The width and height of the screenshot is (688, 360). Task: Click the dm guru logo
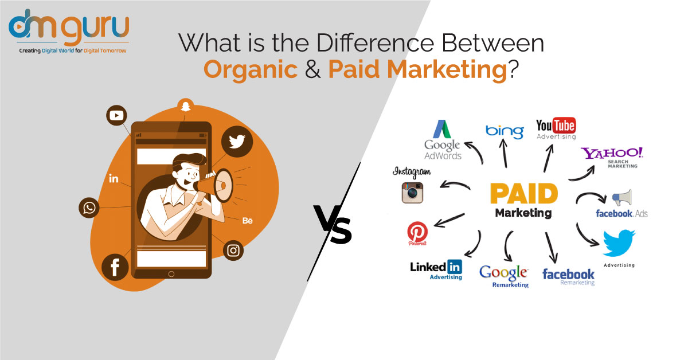tap(69, 31)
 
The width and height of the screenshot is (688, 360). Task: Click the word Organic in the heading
tap(251, 70)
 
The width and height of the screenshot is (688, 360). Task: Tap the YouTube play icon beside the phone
tap(116, 115)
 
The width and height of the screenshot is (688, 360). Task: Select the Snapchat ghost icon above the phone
tap(185, 106)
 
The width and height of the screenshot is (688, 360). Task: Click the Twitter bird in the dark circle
tap(237, 142)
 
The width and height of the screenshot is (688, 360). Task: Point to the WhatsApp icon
tap(89, 208)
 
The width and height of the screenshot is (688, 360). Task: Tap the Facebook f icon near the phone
tap(115, 267)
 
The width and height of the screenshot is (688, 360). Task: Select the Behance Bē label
tap(248, 221)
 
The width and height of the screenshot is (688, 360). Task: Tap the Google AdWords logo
tap(443, 140)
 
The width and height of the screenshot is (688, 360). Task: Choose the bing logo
tap(505, 132)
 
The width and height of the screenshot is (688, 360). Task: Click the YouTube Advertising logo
tap(556, 128)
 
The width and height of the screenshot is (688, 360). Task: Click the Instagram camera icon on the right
tap(412, 193)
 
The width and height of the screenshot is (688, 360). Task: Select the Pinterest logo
tap(417, 233)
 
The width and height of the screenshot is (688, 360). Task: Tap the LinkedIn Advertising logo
tap(436, 270)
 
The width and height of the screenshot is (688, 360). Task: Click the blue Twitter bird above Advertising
tap(619, 242)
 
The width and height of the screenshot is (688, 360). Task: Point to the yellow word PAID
tap(524, 194)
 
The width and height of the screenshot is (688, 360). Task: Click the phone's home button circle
tap(171, 274)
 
